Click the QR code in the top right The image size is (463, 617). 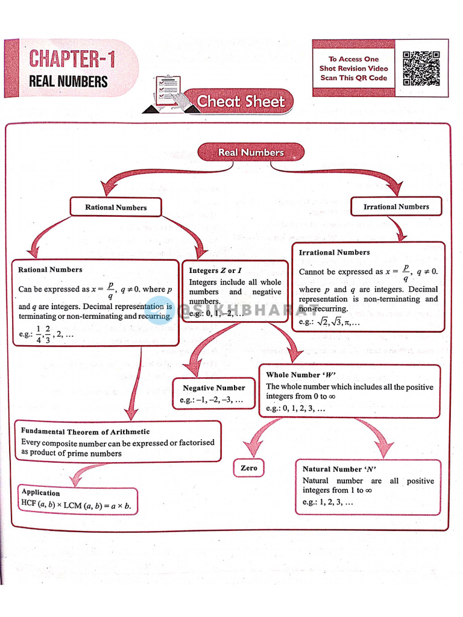pos(421,68)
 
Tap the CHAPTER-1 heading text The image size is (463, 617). pos(72,60)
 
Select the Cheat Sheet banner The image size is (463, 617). pos(241,101)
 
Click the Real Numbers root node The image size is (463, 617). pos(251,152)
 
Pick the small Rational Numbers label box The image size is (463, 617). pos(116,207)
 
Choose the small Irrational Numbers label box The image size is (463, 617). pos(396,207)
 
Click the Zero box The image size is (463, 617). pos(248,468)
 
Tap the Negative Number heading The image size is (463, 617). pos(214,388)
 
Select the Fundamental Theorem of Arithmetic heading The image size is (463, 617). pos(85,431)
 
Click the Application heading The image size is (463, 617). pos(40,492)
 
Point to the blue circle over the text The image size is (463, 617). pos(160,311)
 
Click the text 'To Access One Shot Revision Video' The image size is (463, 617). pos(354,64)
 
